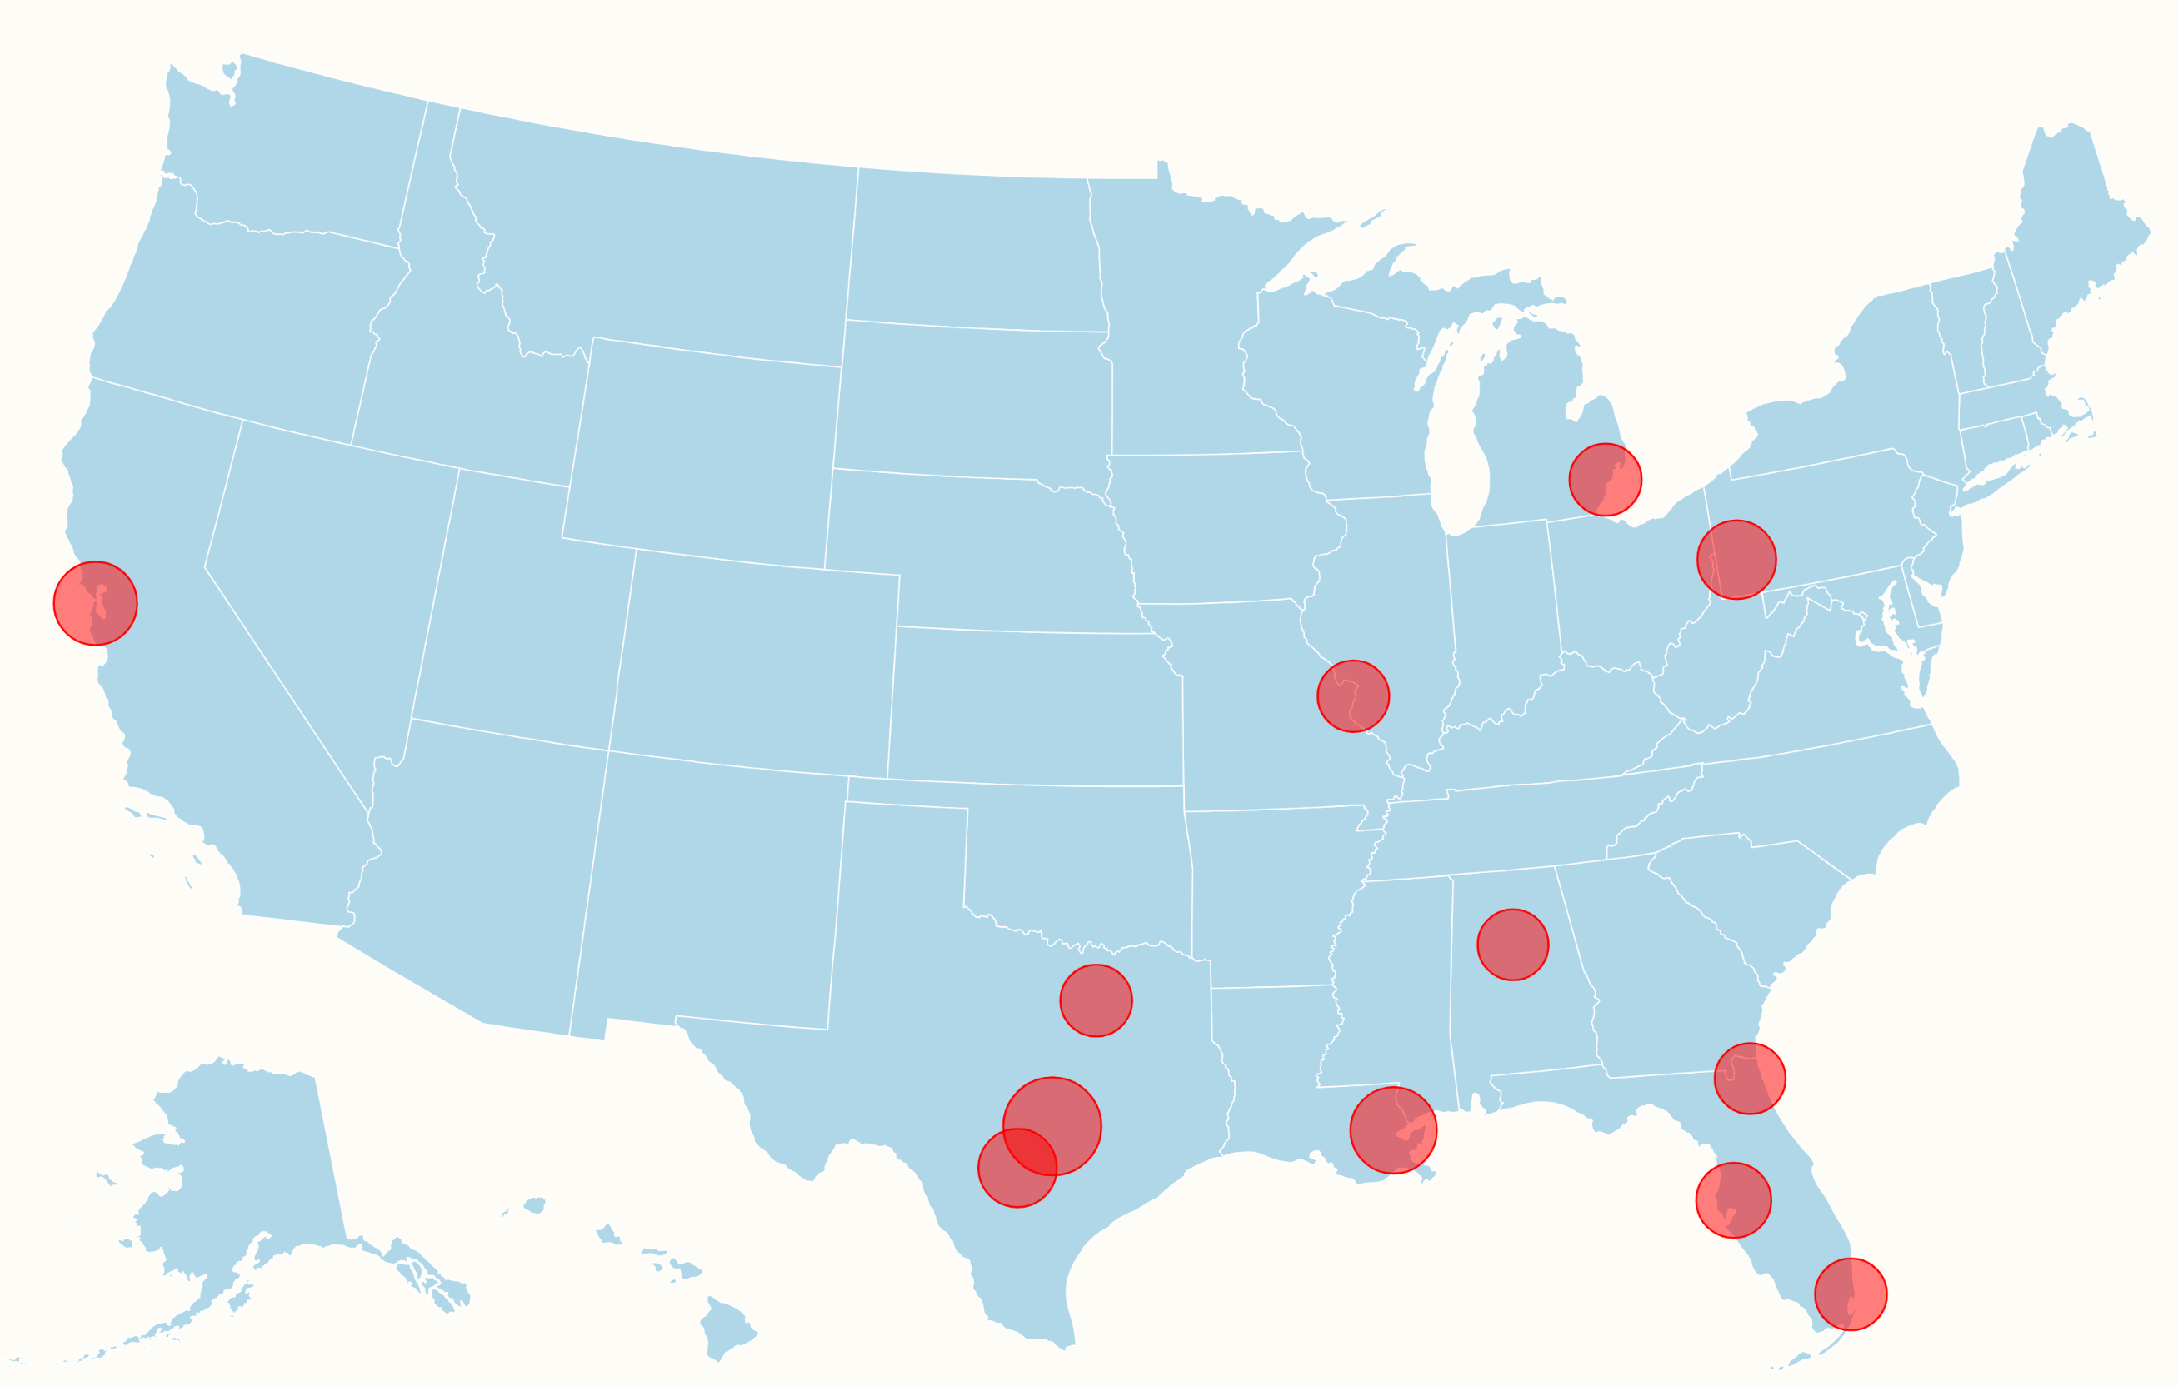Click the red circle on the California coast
[x=95, y=603]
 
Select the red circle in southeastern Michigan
[x=1605, y=479]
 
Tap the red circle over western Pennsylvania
[x=1736, y=560]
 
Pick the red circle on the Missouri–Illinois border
[x=1353, y=696]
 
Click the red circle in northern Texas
[x=1096, y=1000]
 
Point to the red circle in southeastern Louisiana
[x=1393, y=1130]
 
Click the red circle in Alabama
[x=1512, y=944]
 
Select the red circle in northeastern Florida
[x=1749, y=1078]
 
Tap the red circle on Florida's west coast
[x=1733, y=1199]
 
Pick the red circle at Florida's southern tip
[x=1851, y=1294]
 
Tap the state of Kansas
[x=1032, y=705]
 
